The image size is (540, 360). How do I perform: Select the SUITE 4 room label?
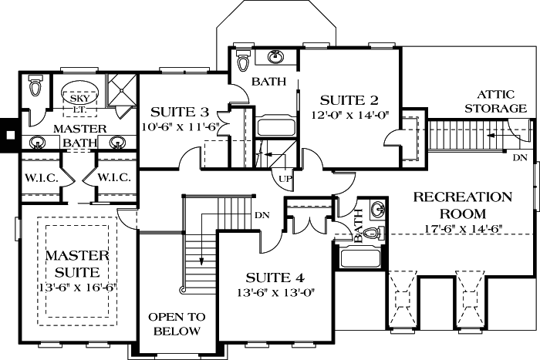click(x=276, y=278)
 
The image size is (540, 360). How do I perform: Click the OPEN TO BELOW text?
click(x=177, y=324)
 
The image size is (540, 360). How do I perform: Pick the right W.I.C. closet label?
click(x=113, y=177)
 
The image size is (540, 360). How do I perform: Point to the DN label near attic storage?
click(x=521, y=157)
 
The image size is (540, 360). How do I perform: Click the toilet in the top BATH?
click(x=244, y=60)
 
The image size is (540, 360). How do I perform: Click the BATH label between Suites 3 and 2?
click(x=269, y=82)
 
